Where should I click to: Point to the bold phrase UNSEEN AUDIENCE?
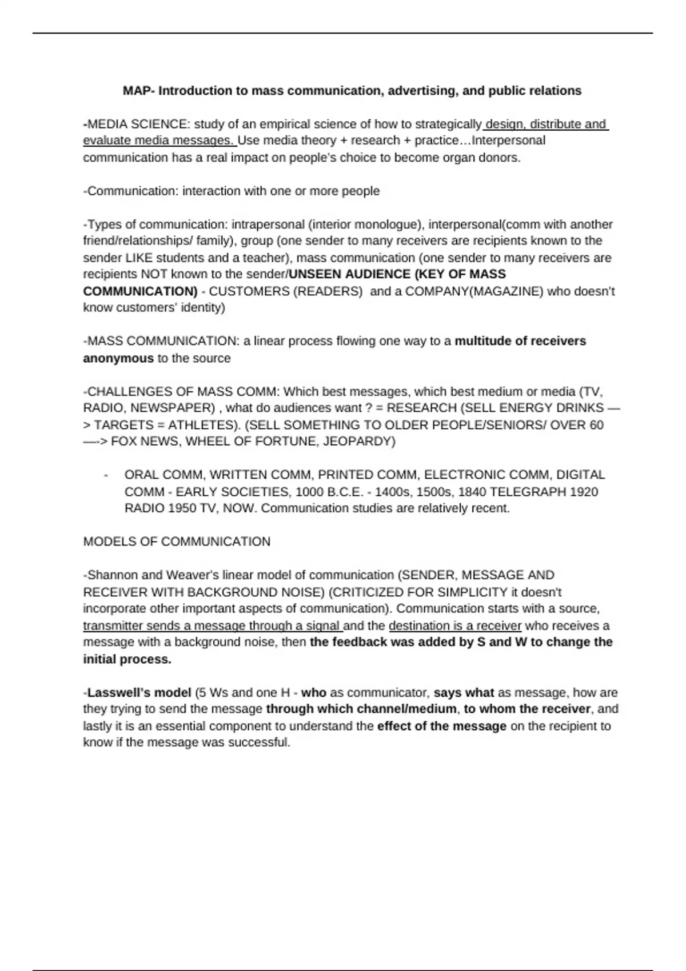[x=349, y=274]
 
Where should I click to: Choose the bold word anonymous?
[x=118, y=358]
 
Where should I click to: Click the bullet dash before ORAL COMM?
[x=106, y=475]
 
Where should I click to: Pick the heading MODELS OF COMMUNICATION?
[x=177, y=541]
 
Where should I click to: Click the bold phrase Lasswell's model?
[x=139, y=693]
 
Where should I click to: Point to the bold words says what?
[x=464, y=693]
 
